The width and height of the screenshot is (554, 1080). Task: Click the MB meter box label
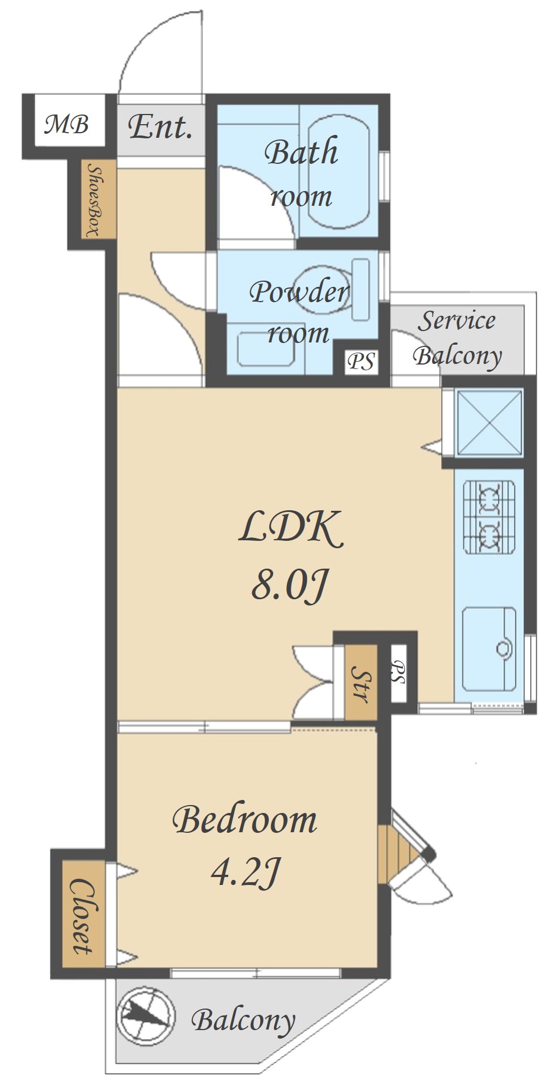(67, 124)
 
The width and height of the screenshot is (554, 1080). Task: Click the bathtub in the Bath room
(339, 171)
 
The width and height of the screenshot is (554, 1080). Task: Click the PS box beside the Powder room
(361, 361)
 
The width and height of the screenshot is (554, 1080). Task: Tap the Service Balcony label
(458, 338)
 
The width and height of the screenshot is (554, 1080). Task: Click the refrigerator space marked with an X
(489, 422)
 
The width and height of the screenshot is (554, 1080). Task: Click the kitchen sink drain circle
(502, 647)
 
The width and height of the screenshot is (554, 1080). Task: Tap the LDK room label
(291, 528)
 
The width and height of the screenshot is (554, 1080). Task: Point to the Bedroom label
(245, 820)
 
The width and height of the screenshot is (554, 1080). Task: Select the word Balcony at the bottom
(243, 1021)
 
